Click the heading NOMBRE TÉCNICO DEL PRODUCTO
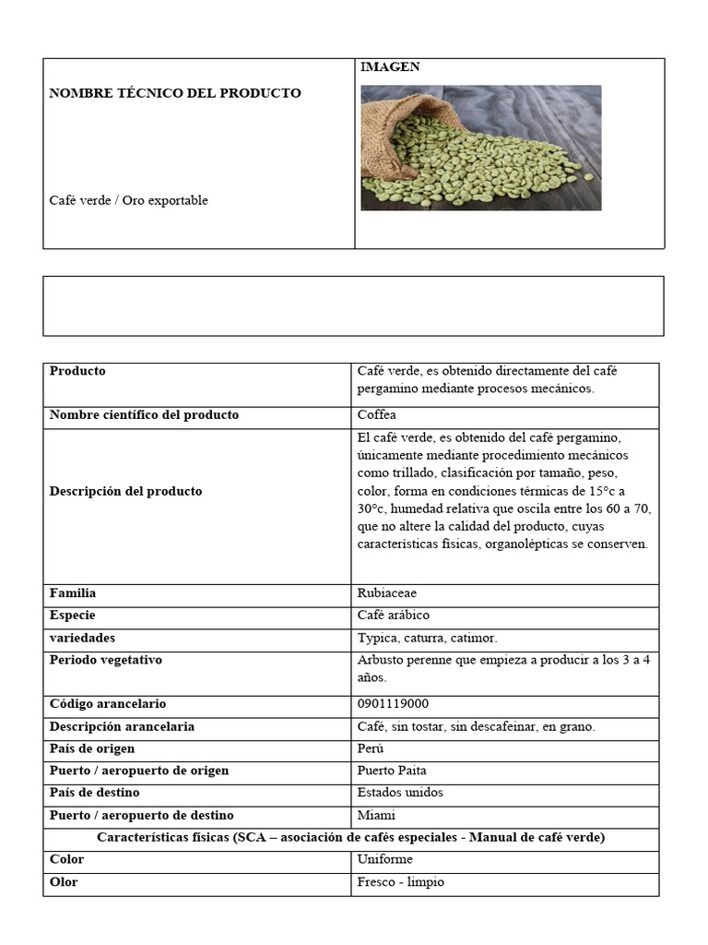[174, 93]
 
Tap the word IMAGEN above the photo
[389, 67]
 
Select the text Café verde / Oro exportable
[128, 200]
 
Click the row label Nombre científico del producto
[144, 415]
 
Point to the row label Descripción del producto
[125, 491]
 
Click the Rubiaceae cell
[387, 593]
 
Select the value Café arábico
[393, 616]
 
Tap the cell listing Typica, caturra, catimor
[427, 638]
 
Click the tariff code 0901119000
[393, 704]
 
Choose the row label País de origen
[91, 748]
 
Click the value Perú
[371, 748]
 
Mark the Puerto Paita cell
[392, 771]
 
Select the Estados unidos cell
[400, 793]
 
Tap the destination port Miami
[376, 815]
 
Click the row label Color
[66, 859]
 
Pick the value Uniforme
[384, 859]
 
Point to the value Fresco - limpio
[400, 881]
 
